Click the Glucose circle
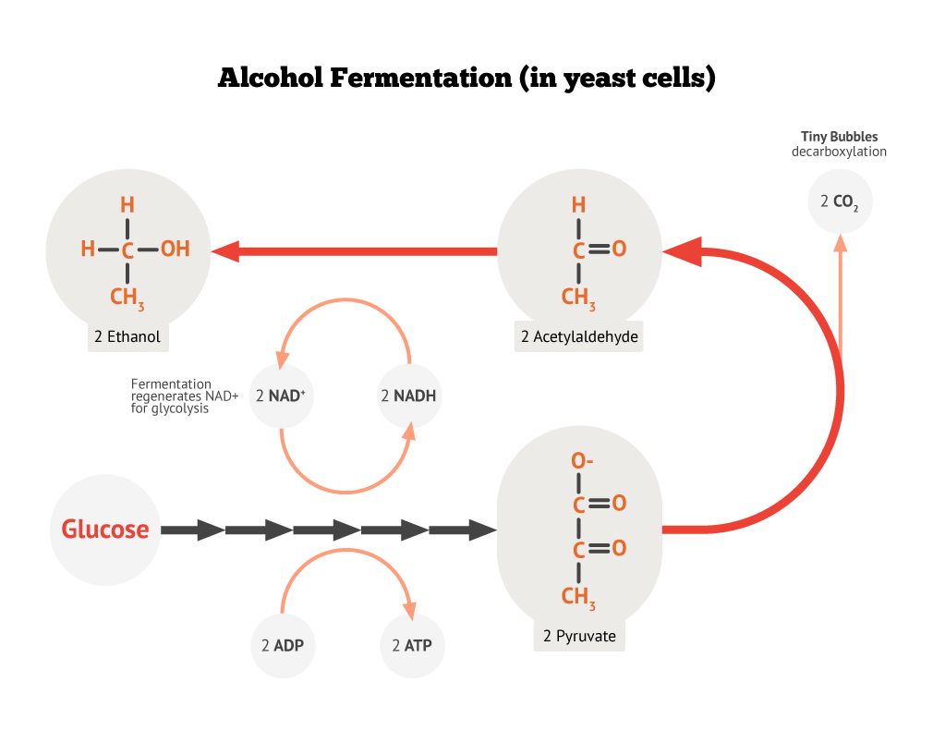(104, 530)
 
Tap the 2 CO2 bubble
(839, 200)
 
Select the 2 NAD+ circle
(281, 396)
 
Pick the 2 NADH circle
(408, 396)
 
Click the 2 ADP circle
(283, 645)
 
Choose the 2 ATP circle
(412, 645)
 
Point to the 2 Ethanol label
(127, 337)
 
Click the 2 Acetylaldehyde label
(579, 337)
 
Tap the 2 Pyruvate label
(579, 636)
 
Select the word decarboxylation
(839, 152)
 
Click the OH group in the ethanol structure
(175, 249)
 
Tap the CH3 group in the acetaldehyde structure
(579, 297)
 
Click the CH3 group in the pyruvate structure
(579, 597)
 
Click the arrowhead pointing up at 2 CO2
(840, 242)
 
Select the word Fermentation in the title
(420, 78)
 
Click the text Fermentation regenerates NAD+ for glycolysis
(184, 396)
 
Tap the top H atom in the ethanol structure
(127, 204)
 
